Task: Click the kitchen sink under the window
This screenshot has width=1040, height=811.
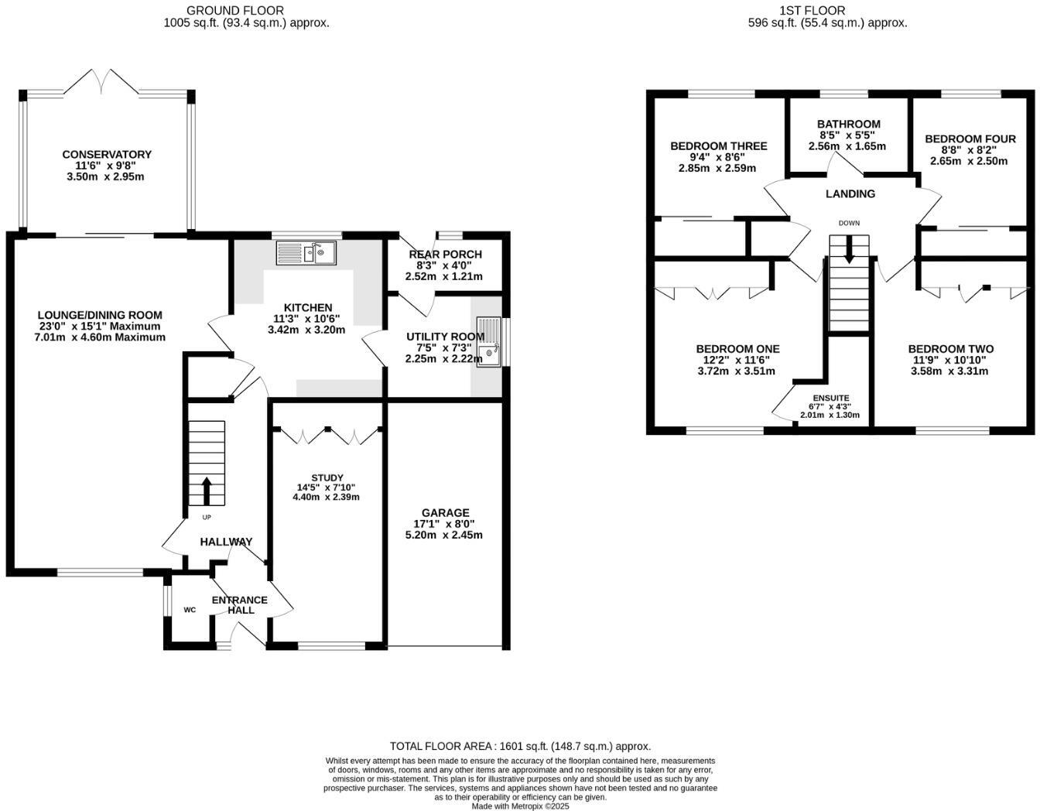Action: tap(305, 252)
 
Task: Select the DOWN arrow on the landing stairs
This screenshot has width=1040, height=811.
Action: tap(850, 250)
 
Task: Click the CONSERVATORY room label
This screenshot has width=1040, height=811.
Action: tap(107, 155)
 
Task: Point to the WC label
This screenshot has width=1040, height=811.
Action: tap(190, 610)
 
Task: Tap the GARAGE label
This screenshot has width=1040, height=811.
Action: tap(445, 513)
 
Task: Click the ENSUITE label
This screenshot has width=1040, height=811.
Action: tap(830, 398)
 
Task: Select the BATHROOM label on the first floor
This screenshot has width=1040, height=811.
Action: tap(848, 124)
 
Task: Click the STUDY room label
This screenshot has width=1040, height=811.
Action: tap(327, 477)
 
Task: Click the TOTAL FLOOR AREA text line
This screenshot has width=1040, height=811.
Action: tap(520, 747)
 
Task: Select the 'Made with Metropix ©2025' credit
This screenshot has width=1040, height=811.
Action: tap(520, 806)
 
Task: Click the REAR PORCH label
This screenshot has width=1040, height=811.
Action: tap(445, 254)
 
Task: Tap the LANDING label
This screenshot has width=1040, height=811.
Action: tap(850, 194)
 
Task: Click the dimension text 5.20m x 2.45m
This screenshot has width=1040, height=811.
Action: tap(444, 535)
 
